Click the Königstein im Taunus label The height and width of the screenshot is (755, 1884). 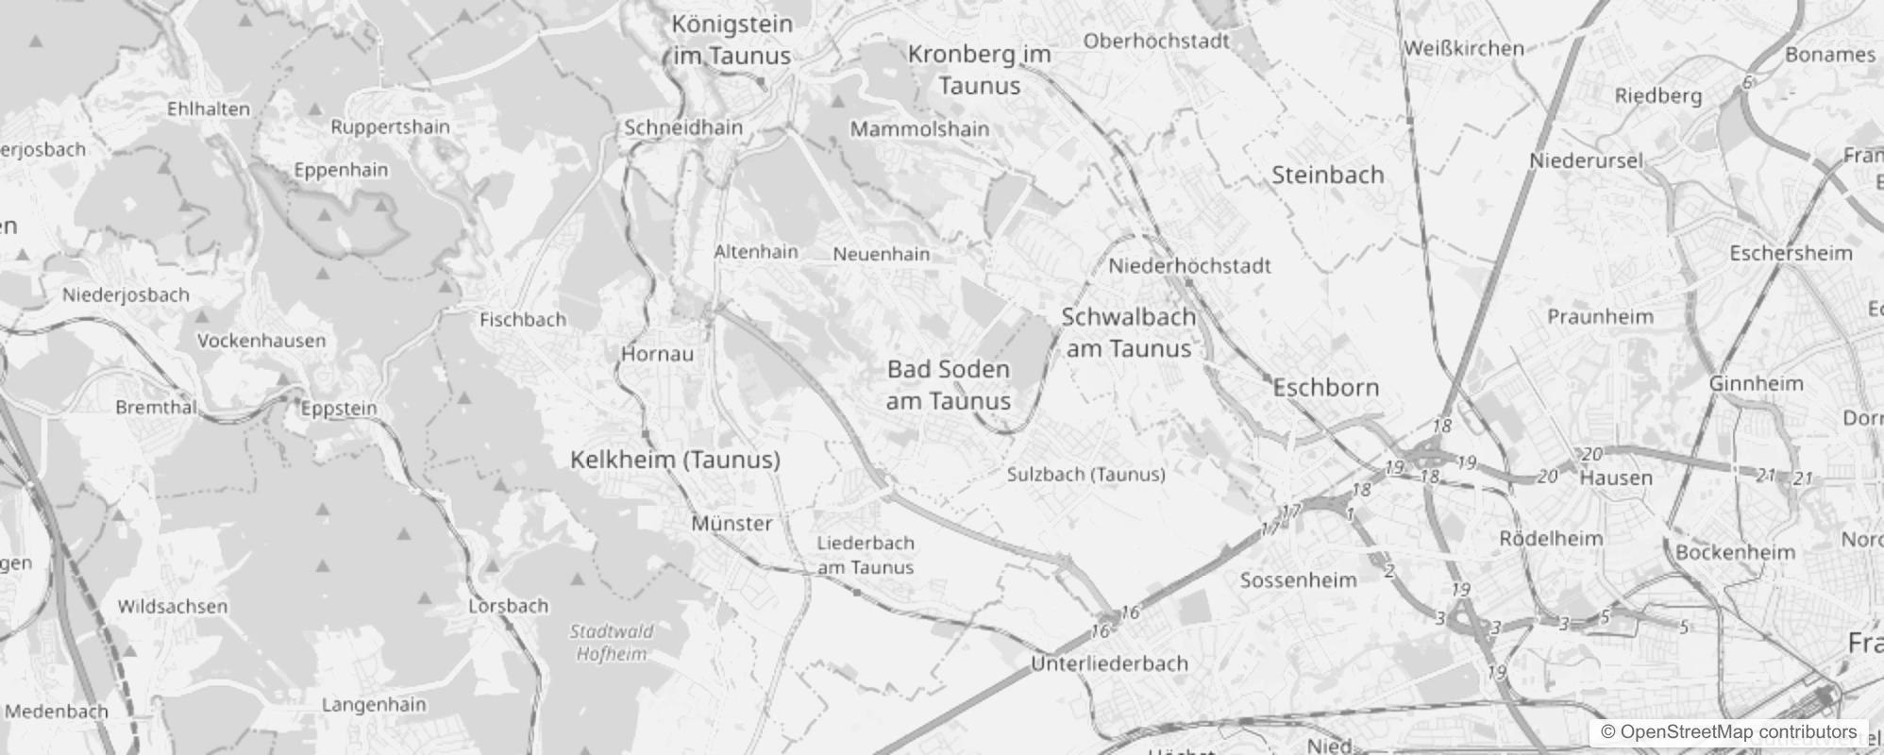click(x=732, y=40)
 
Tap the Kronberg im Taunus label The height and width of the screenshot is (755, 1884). click(x=980, y=70)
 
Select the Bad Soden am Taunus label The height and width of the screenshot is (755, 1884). click(x=949, y=385)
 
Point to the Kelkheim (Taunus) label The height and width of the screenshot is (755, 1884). click(x=675, y=460)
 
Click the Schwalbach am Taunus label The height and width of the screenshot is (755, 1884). click(x=1129, y=332)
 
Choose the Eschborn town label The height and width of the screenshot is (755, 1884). click(x=1326, y=387)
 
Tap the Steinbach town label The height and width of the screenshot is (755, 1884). click(x=1327, y=175)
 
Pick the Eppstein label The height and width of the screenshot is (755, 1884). click(x=339, y=409)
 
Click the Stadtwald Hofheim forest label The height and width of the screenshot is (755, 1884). click(x=612, y=642)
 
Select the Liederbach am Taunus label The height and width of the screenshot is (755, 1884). click(x=866, y=555)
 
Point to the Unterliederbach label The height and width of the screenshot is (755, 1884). click(x=1109, y=663)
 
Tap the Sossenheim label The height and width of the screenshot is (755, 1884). click(x=1298, y=580)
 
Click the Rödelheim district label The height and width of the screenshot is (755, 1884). click(x=1551, y=539)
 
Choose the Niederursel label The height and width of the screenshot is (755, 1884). click(x=1586, y=161)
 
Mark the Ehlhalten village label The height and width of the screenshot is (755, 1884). click(x=209, y=109)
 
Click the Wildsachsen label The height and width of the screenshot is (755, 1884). click(x=173, y=606)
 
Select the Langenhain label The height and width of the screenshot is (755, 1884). click(x=374, y=704)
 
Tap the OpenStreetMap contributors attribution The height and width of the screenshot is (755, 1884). click(x=1728, y=732)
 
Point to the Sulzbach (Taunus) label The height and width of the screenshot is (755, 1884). click(x=1085, y=475)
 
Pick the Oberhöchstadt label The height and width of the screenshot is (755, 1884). click(x=1156, y=41)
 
